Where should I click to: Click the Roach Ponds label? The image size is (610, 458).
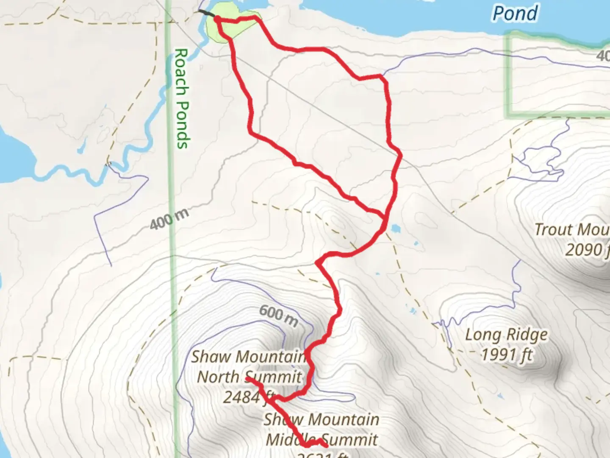tap(181, 98)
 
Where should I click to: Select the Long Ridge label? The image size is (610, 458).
tap(506, 335)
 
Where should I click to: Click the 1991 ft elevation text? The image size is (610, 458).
tap(506, 354)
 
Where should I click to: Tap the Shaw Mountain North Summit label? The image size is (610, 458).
tap(249, 367)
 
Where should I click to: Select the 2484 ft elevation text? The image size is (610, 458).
tap(243, 397)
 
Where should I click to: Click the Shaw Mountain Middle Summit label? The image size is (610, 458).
tap(321, 429)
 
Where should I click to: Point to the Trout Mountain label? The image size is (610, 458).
tap(571, 229)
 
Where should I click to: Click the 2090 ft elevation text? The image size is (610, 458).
tap(587, 250)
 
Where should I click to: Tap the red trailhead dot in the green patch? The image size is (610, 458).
tap(217, 19)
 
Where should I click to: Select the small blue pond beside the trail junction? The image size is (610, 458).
tap(395, 229)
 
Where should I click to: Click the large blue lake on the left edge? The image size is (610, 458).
tap(13, 153)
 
